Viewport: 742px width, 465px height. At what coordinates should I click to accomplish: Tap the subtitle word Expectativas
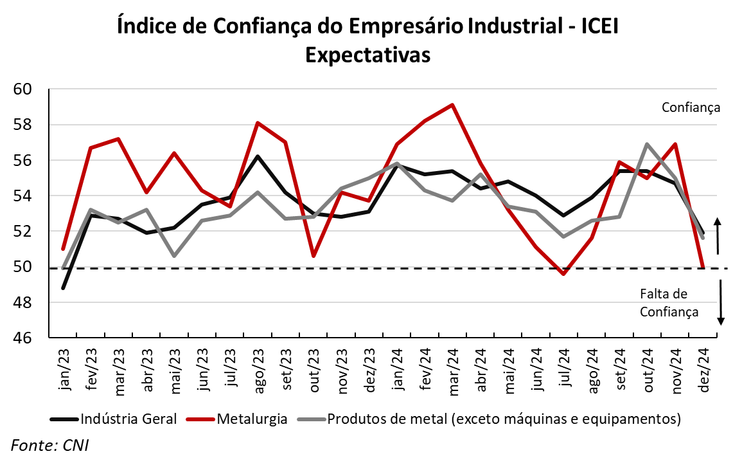click(367, 55)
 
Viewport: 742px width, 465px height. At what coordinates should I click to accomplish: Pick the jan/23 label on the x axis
click(64, 368)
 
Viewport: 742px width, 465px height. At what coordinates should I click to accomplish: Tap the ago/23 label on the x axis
click(258, 368)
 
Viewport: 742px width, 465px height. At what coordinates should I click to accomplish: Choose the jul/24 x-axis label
click(565, 368)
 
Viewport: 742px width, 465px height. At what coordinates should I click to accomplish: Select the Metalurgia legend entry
click(251, 419)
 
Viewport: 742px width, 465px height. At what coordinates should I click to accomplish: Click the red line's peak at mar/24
click(453, 105)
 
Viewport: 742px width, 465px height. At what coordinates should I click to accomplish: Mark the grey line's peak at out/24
click(647, 144)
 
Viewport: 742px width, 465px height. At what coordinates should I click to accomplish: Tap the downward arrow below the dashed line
click(721, 302)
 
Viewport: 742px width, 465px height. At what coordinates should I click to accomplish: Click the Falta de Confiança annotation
click(669, 303)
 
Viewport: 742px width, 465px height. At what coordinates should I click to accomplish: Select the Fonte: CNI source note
click(49, 445)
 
